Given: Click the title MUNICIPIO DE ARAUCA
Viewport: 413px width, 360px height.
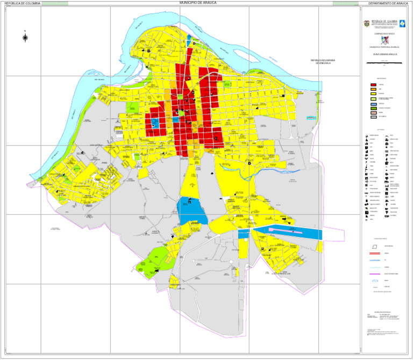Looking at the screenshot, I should pyautogui.click(x=198, y=3).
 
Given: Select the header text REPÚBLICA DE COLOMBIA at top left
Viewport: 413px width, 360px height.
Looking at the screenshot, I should pyautogui.click(x=22, y=3).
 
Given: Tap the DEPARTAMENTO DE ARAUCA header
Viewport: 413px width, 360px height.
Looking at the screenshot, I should pyautogui.click(x=388, y=3).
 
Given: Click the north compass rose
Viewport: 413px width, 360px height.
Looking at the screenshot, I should pyautogui.click(x=25, y=37).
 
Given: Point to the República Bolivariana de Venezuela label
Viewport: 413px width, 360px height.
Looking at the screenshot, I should pyautogui.click(x=322, y=62).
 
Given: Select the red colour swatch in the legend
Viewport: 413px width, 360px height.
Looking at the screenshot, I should pyautogui.click(x=373, y=85).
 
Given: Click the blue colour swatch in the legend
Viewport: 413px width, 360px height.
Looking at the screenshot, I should pyautogui.click(x=373, y=104).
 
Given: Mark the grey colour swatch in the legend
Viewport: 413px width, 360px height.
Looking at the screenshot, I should pyautogui.click(x=373, y=117).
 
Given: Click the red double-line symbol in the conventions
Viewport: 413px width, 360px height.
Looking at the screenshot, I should pyautogui.click(x=375, y=253).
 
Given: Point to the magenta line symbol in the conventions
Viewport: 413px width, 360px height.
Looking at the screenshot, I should pyautogui.click(x=375, y=274).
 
